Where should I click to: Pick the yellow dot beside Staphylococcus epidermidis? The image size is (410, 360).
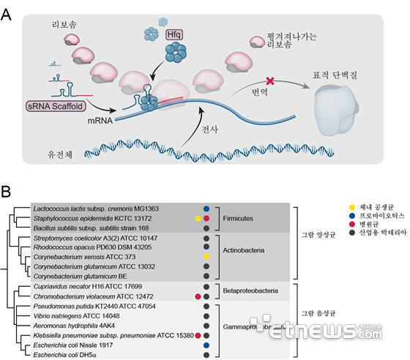pos(198,218)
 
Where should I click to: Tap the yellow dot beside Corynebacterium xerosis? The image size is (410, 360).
pos(206,258)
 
